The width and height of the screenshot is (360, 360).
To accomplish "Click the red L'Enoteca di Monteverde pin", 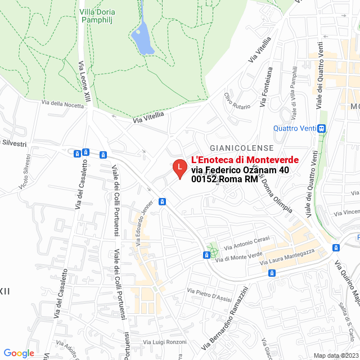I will pyautogui.click(x=179, y=168).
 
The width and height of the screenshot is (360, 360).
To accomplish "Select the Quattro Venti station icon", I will pyautogui.click(x=322, y=128).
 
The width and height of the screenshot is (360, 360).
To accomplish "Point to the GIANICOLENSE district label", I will pyautogui.click(x=241, y=147).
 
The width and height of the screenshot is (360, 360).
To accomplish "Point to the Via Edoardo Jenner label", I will pyautogui.click(x=144, y=223).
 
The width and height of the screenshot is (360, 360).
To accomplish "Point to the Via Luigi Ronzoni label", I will pyautogui.click(x=165, y=342).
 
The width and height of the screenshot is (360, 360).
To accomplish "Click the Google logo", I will pyautogui.click(x=19, y=353).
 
